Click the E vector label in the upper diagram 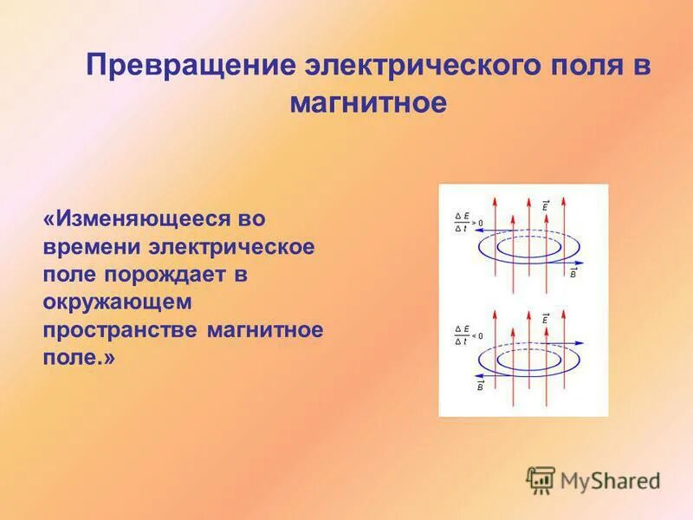tap(545, 206)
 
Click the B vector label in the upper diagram tap(573, 273)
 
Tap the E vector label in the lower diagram tap(545, 319)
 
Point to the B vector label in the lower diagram tap(480, 386)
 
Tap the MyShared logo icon tap(541, 479)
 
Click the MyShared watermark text tap(610, 480)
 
